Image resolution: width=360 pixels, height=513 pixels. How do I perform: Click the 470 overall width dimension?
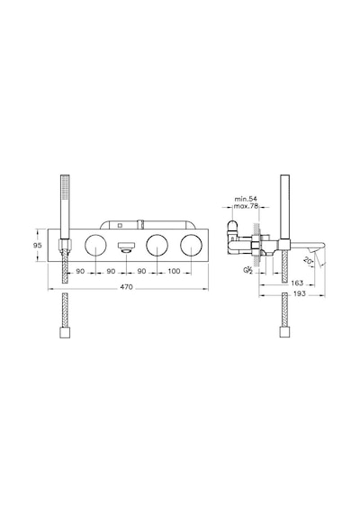[x=126, y=287]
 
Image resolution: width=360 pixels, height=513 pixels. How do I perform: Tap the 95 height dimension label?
[x=39, y=245]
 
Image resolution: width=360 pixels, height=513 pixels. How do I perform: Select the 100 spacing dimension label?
[x=174, y=271]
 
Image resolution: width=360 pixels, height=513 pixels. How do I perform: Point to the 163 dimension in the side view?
[x=297, y=283]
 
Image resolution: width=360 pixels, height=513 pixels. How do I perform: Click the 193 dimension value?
[x=299, y=293]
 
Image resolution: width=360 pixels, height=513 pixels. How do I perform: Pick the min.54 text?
[x=246, y=199]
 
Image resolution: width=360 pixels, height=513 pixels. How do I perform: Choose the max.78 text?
[x=246, y=206]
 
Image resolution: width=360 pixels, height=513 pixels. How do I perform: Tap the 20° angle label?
[x=308, y=261]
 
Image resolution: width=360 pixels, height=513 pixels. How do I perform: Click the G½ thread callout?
[x=247, y=270]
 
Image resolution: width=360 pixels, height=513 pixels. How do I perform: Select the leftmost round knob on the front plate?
[x=95, y=246]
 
